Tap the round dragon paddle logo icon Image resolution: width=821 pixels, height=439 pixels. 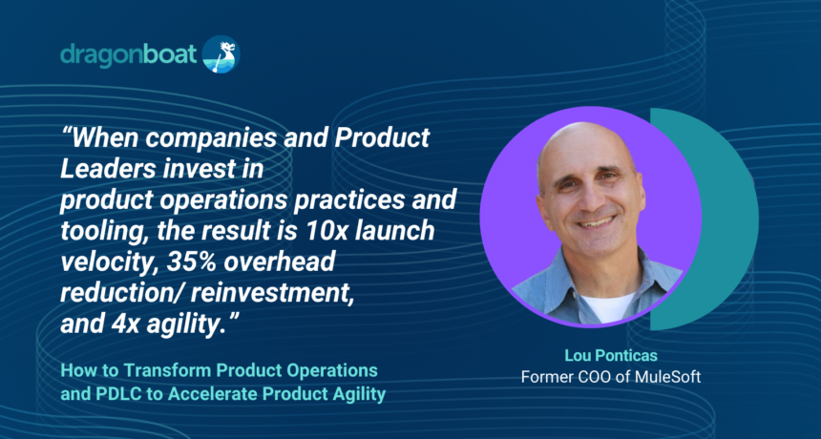tap(221, 53)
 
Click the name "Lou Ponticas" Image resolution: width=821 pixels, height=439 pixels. tap(611, 357)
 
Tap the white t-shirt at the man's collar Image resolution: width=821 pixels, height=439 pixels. tap(607, 306)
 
